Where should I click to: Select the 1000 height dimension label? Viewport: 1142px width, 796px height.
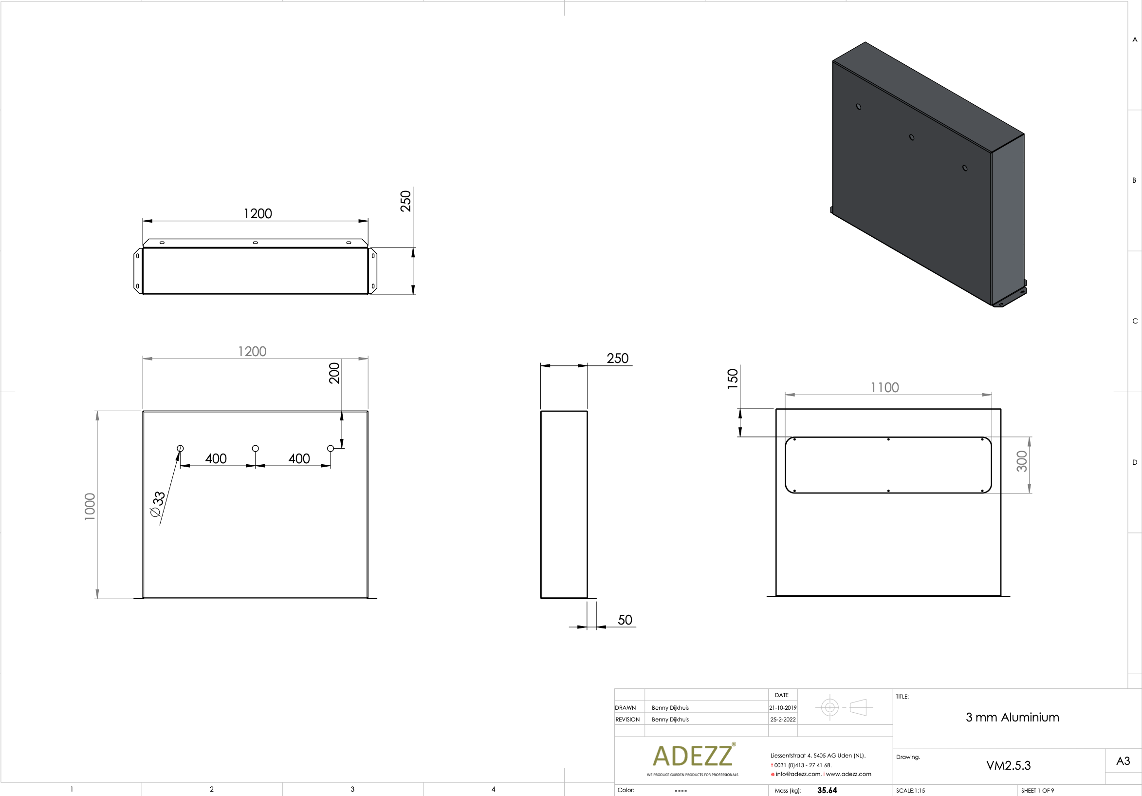click(90, 506)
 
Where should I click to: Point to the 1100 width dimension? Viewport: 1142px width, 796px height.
click(884, 387)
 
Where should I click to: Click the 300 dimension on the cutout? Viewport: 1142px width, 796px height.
click(1021, 461)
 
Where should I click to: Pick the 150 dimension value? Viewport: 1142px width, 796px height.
click(732, 379)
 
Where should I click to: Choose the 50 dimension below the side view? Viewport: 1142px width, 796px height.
click(625, 620)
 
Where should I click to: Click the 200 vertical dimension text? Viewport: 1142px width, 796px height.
click(334, 373)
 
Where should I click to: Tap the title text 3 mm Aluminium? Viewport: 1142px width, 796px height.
click(1012, 718)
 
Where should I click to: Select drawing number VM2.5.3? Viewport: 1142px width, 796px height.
click(1008, 765)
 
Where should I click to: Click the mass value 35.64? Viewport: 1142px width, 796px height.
click(827, 790)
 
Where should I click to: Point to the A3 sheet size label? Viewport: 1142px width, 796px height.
click(1123, 760)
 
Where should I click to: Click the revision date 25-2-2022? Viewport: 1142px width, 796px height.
click(783, 720)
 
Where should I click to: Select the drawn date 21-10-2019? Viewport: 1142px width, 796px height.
click(782, 707)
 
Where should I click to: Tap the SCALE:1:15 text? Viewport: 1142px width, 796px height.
click(910, 791)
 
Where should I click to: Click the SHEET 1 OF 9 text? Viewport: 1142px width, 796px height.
click(1037, 791)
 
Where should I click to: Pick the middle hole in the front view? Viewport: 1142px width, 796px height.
click(255, 449)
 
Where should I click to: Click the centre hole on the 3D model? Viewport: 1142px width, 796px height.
click(912, 137)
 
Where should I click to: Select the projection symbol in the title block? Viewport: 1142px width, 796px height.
click(844, 707)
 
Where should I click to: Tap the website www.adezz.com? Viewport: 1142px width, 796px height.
click(848, 774)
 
